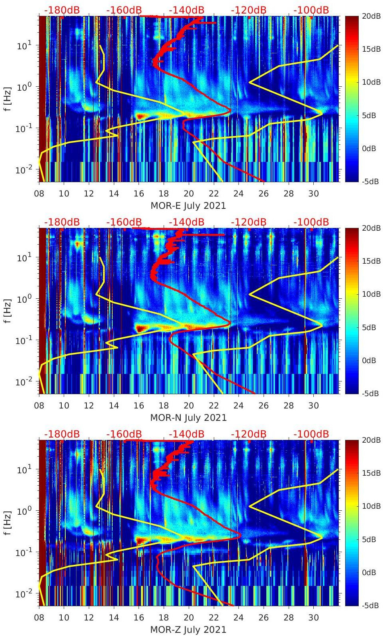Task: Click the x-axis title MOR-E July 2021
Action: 188,206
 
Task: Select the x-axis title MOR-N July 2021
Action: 188,418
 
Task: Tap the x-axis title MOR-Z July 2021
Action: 188,630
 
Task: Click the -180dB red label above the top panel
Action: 62,10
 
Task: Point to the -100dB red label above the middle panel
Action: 311,222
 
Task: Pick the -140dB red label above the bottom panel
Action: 186,434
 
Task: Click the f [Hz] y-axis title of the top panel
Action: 7,99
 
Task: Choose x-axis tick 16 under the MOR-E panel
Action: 139,194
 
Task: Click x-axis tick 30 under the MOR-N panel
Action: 313,406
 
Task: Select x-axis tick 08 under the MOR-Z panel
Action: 39,618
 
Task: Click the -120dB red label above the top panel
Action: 248,10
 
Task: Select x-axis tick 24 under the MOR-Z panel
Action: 238,618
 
